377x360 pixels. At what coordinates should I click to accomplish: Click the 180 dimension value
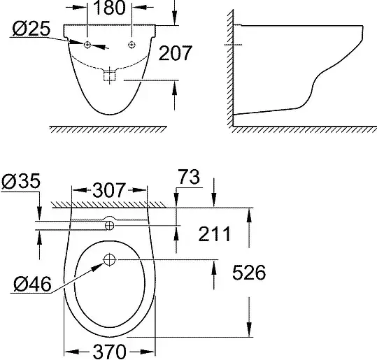point(109,7)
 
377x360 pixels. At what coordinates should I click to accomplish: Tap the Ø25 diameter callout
point(31,29)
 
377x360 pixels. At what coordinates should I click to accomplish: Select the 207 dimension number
point(176,53)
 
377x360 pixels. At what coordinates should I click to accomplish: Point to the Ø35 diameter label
point(21,181)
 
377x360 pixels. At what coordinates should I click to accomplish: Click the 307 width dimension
point(109,190)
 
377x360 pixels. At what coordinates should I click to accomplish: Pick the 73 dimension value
point(189,177)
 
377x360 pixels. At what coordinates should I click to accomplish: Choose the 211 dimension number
point(214,234)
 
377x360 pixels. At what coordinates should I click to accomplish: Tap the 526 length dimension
point(249,273)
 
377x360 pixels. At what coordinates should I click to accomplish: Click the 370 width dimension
point(109,352)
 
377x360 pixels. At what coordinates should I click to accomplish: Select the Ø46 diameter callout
point(32,284)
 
